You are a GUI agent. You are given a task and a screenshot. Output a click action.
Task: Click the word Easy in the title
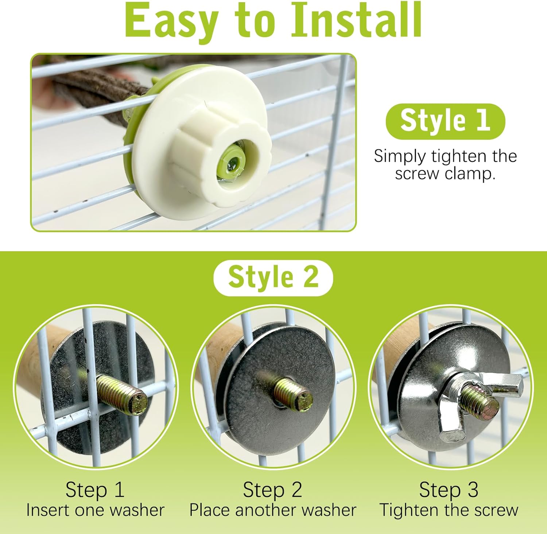(x=171, y=20)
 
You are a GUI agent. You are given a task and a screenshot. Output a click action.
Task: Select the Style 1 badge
(x=445, y=121)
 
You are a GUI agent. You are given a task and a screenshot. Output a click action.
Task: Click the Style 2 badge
(x=273, y=278)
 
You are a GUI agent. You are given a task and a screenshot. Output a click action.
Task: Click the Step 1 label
(x=95, y=489)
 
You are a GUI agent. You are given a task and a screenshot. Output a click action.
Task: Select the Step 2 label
(x=272, y=489)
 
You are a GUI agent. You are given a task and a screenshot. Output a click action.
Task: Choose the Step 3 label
(x=449, y=489)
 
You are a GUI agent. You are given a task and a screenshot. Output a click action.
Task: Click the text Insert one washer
(x=95, y=510)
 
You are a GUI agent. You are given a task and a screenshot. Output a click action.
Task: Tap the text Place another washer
(x=273, y=510)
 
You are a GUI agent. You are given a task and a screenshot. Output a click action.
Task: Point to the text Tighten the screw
(x=449, y=510)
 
